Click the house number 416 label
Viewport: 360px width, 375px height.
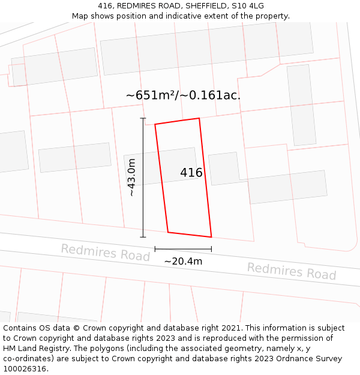tap(191, 173)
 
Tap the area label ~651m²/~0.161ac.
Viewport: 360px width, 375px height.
tap(183, 95)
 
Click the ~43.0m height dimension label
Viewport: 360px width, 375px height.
tap(132, 178)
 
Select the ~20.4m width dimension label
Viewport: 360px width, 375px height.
tap(183, 261)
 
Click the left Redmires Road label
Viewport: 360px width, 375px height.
tap(105, 253)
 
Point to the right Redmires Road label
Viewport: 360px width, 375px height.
tap(292, 271)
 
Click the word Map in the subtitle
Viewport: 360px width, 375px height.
tap(80, 16)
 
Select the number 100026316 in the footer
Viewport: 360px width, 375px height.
tap(25, 369)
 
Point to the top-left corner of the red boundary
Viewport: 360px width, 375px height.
tap(155, 125)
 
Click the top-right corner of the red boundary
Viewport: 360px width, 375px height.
tap(199, 118)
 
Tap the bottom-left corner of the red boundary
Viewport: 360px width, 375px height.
tap(168, 232)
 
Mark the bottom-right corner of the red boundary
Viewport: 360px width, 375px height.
tap(212, 237)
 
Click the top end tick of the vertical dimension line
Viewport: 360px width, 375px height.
tap(143, 118)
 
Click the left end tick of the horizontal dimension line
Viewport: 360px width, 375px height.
tap(155, 248)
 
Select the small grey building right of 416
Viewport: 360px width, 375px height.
tap(223, 169)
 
